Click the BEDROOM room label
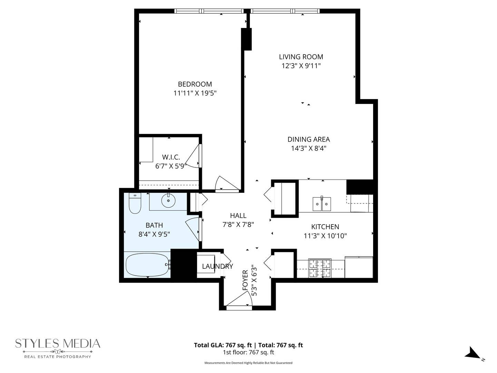[195, 84]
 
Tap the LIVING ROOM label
[301, 57]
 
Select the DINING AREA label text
[309, 139]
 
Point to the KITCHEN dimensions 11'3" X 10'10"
[325, 236]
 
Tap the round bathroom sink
[168, 200]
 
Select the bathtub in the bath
[147, 265]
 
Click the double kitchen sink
[322, 204]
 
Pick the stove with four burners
[320, 268]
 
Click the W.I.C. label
[171, 157]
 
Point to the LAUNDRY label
[217, 266]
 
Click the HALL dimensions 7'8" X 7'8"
[238, 224]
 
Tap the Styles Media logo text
[58, 344]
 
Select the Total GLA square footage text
[248, 345]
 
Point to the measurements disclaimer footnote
[248, 363]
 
